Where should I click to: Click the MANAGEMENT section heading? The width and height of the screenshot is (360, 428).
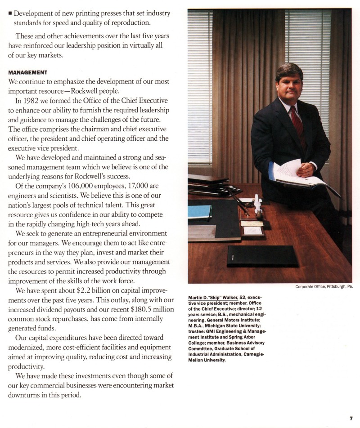click(x=28, y=72)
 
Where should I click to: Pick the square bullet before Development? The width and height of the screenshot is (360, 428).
click(x=10, y=13)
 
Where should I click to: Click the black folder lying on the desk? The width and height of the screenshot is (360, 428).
click(x=262, y=256)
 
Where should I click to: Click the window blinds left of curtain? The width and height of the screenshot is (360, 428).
click(x=199, y=85)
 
